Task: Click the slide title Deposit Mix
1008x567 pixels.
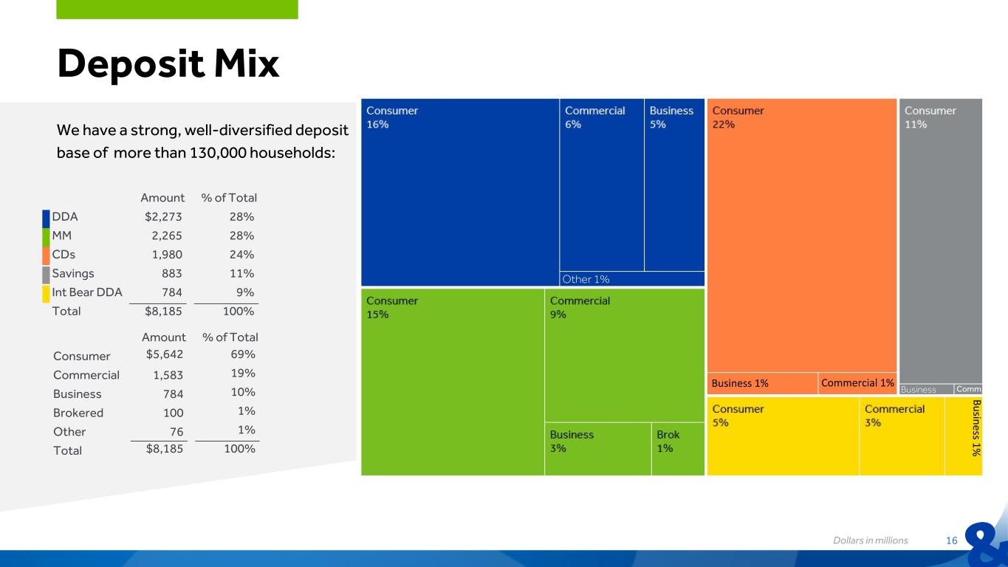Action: [x=168, y=64]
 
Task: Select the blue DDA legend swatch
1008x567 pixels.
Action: [x=46, y=219]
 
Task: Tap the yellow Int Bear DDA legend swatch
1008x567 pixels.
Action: [x=46, y=295]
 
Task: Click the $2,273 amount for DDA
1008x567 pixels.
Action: [x=163, y=217]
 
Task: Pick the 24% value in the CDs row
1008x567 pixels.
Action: [x=241, y=255]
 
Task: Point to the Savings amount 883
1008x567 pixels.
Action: [x=172, y=274]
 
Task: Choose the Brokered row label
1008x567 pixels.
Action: [x=78, y=413]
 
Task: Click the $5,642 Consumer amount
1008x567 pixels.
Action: [x=164, y=354]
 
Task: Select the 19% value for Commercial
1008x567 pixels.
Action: [x=243, y=374]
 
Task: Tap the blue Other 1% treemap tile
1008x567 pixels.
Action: [x=632, y=279]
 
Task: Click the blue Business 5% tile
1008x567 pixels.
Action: [x=674, y=185]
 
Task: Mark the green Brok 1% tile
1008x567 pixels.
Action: [x=678, y=449]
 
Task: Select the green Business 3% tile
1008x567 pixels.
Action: [x=598, y=449]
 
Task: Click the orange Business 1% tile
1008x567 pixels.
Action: [x=762, y=383]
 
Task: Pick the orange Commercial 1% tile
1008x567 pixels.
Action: [x=857, y=383]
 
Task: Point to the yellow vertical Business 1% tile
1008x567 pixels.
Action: [x=964, y=436]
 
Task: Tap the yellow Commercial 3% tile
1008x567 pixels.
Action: [x=902, y=436]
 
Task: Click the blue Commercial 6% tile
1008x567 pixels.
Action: [x=602, y=185]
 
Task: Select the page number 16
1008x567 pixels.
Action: [x=951, y=540]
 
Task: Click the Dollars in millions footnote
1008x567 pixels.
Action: [x=871, y=540]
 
